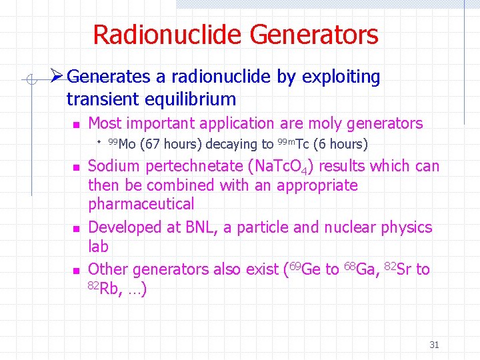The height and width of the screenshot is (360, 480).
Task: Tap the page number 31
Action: pos(434,345)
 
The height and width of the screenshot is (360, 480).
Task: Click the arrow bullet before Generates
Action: pos(57,77)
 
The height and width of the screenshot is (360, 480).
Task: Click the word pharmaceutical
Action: pos(141,203)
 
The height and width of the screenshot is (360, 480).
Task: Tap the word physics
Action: pos(406,227)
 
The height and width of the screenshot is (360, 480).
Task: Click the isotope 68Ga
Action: pos(361,269)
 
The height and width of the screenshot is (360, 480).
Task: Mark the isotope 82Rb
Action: pos(101,288)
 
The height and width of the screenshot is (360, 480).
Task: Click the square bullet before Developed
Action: pos(76,229)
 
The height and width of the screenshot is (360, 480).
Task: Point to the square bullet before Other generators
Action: pos(76,271)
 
